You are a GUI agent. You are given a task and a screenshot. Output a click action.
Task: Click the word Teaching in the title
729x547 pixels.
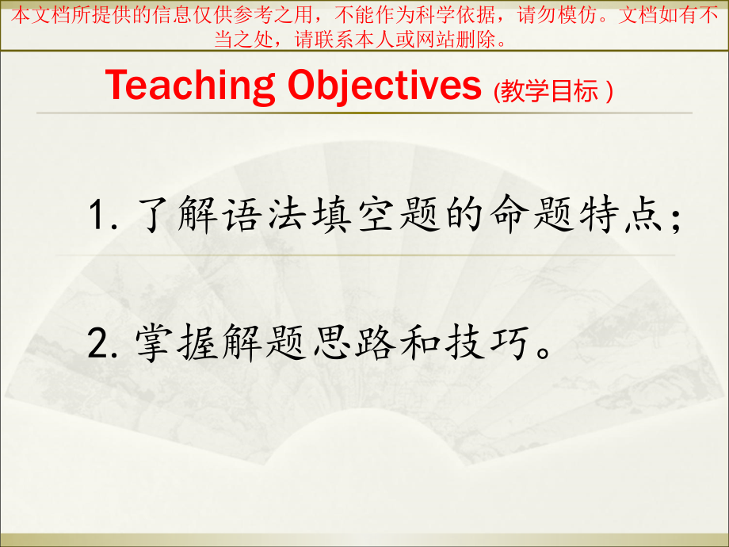point(189,86)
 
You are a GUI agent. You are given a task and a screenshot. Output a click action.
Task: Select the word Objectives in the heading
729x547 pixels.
point(384,86)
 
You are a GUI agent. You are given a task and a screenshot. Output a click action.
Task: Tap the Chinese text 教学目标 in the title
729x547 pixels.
point(549,90)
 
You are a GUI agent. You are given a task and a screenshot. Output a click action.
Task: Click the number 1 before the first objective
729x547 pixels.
point(97,215)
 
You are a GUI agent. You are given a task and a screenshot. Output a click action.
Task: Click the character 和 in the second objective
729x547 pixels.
point(420,342)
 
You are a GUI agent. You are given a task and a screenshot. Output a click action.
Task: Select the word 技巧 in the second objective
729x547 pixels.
point(487,342)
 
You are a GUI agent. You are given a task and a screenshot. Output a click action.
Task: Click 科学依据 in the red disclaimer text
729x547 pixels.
point(455,15)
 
